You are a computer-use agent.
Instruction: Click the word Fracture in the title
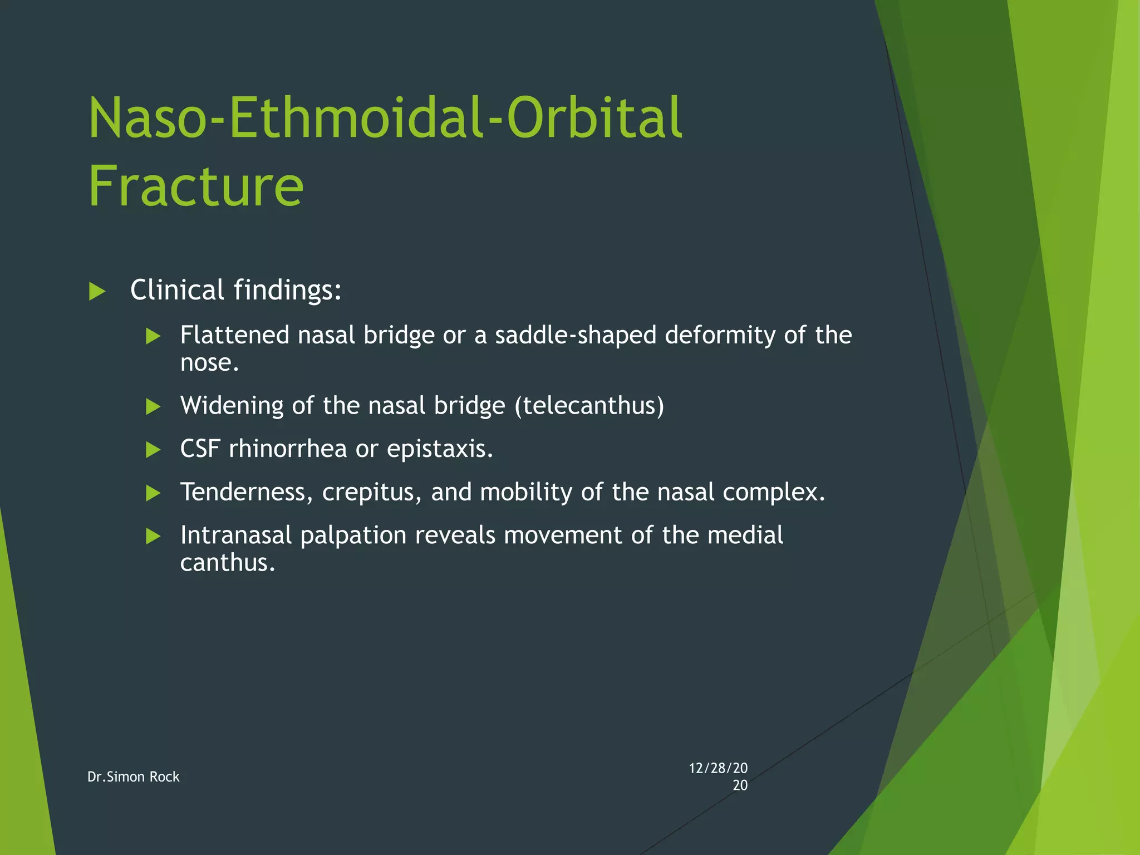pyautogui.click(x=196, y=186)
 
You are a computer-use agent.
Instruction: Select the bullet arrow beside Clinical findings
pyautogui.click(x=97, y=291)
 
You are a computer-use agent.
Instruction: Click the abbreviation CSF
pyautogui.click(x=200, y=449)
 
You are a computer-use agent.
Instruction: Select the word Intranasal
pyautogui.click(x=236, y=535)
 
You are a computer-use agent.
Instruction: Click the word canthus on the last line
pyautogui.click(x=227, y=563)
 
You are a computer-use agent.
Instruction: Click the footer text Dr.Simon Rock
pyautogui.click(x=134, y=777)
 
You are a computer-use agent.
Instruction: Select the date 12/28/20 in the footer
pyautogui.click(x=718, y=769)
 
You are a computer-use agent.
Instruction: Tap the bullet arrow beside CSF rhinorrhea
pyautogui.click(x=153, y=450)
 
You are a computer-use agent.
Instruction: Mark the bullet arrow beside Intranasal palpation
pyautogui.click(x=153, y=537)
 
